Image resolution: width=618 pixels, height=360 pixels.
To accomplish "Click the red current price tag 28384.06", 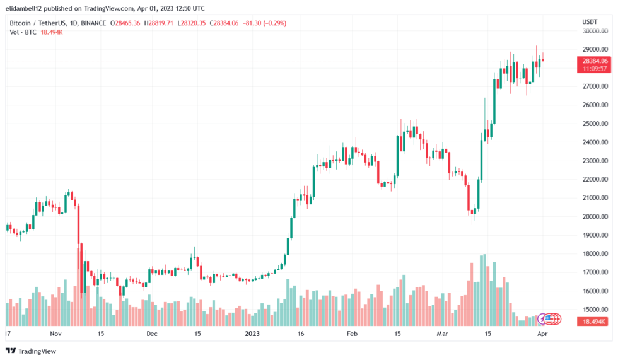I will click(593, 61).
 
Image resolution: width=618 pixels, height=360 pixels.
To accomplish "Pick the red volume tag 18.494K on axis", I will click(592, 322).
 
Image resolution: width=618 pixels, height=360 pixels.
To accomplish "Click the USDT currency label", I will click(589, 21).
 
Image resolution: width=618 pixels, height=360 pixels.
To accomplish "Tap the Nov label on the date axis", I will click(55, 333).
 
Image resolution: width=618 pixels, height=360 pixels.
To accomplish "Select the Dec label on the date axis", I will click(151, 333).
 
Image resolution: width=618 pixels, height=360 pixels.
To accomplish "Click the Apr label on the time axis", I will click(542, 333).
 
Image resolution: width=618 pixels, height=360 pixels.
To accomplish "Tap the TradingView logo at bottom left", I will click(32, 351).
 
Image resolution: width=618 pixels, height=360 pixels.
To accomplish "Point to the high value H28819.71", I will click(161, 23).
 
